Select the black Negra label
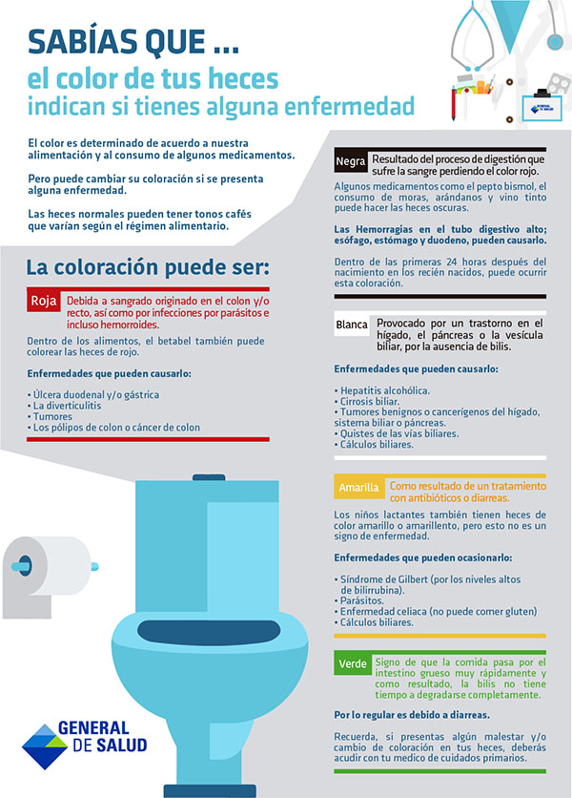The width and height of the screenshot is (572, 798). coord(350,161)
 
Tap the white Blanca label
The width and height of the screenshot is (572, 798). coord(352,325)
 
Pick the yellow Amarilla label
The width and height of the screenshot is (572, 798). coord(359,489)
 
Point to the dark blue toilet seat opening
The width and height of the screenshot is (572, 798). coord(213,631)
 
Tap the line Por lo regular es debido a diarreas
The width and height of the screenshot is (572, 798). coord(412,714)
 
